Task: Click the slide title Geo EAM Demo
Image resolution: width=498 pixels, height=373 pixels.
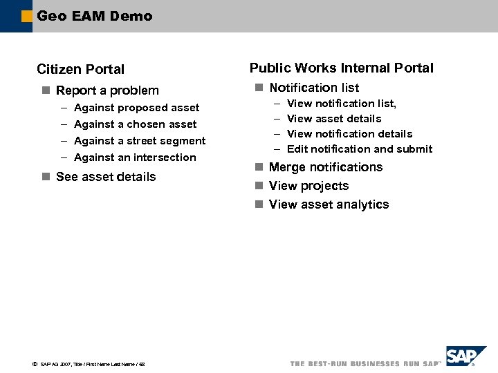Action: (x=95, y=16)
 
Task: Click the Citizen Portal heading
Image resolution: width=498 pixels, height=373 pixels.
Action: (x=81, y=69)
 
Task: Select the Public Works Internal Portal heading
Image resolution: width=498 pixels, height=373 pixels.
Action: (x=342, y=68)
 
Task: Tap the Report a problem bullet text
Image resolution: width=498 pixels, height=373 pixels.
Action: (x=107, y=90)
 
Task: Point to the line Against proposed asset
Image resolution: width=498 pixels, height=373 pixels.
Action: (x=136, y=108)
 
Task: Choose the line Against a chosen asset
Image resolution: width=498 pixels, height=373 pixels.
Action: (x=135, y=124)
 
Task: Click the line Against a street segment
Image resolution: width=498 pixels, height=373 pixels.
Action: (x=140, y=141)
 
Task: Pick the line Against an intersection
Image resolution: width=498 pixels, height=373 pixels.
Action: (x=135, y=157)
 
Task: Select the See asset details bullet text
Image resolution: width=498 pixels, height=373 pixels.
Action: (x=106, y=177)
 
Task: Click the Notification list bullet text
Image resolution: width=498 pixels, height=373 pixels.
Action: (x=314, y=88)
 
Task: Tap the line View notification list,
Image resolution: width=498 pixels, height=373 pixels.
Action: (x=342, y=104)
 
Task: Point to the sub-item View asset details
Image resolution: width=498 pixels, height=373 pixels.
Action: (x=334, y=119)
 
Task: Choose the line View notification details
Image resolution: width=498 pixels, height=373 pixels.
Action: (x=349, y=134)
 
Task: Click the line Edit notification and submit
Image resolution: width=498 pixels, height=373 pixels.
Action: (x=360, y=149)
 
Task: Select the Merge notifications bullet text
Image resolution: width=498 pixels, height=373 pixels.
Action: (x=326, y=167)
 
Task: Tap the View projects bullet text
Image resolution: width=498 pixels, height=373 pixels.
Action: (x=308, y=186)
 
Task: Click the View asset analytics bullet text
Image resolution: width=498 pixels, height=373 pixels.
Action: (x=329, y=204)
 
